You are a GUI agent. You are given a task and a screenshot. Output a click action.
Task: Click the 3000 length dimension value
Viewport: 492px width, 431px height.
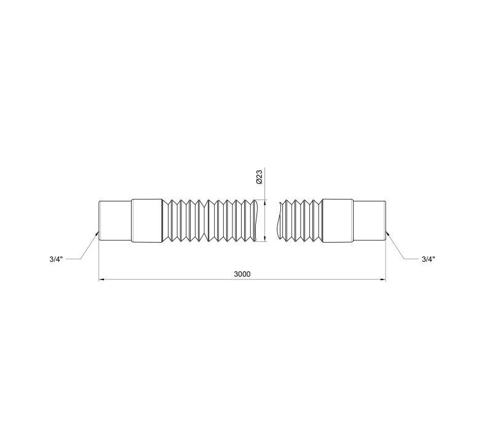click(242, 274)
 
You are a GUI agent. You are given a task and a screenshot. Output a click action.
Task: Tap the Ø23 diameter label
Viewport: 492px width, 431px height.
click(259, 177)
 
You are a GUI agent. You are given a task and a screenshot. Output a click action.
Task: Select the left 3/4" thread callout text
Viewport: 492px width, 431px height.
click(56, 259)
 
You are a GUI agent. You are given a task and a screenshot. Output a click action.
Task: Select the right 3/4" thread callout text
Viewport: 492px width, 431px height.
click(428, 259)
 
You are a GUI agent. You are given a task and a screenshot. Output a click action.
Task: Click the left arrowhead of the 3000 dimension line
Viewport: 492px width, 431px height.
click(101, 279)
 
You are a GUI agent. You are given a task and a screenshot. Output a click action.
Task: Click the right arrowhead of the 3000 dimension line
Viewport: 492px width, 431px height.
click(383, 279)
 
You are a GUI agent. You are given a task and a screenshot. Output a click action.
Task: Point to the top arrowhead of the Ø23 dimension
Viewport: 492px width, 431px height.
click(266, 203)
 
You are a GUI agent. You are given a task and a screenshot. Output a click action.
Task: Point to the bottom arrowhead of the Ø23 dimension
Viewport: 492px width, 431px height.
click(266, 239)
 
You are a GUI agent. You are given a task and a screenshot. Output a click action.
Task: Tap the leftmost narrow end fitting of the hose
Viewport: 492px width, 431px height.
click(115, 221)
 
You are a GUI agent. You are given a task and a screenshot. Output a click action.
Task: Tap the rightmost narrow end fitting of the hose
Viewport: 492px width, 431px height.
click(370, 221)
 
